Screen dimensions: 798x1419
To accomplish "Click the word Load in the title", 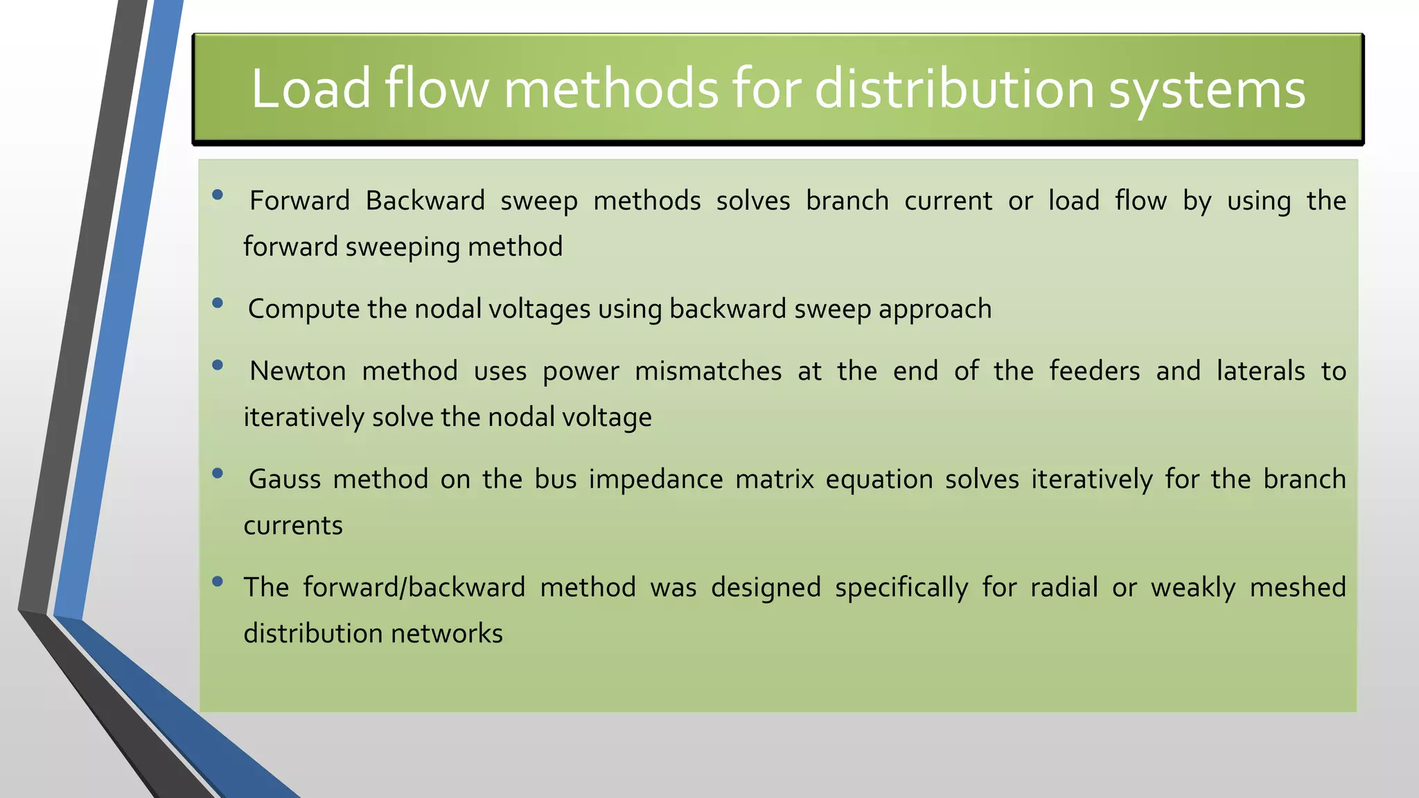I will (x=311, y=89).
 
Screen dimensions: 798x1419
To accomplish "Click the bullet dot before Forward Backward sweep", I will (x=218, y=195).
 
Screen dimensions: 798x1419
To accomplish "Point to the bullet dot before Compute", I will (x=218, y=303).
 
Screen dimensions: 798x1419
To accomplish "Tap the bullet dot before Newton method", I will (x=218, y=365).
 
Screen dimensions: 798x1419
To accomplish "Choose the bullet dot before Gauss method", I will (x=218, y=473).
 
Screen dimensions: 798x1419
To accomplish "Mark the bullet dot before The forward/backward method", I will (x=218, y=581).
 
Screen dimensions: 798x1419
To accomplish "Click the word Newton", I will (x=297, y=371).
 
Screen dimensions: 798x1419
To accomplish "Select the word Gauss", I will (x=284, y=479).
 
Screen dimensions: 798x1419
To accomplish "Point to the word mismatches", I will (x=707, y=371).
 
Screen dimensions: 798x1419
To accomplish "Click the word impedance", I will (x=655, y=479).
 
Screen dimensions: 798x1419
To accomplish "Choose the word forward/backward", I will (x=414, y=587).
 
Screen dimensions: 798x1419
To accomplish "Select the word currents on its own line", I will (x=293, y=526).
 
